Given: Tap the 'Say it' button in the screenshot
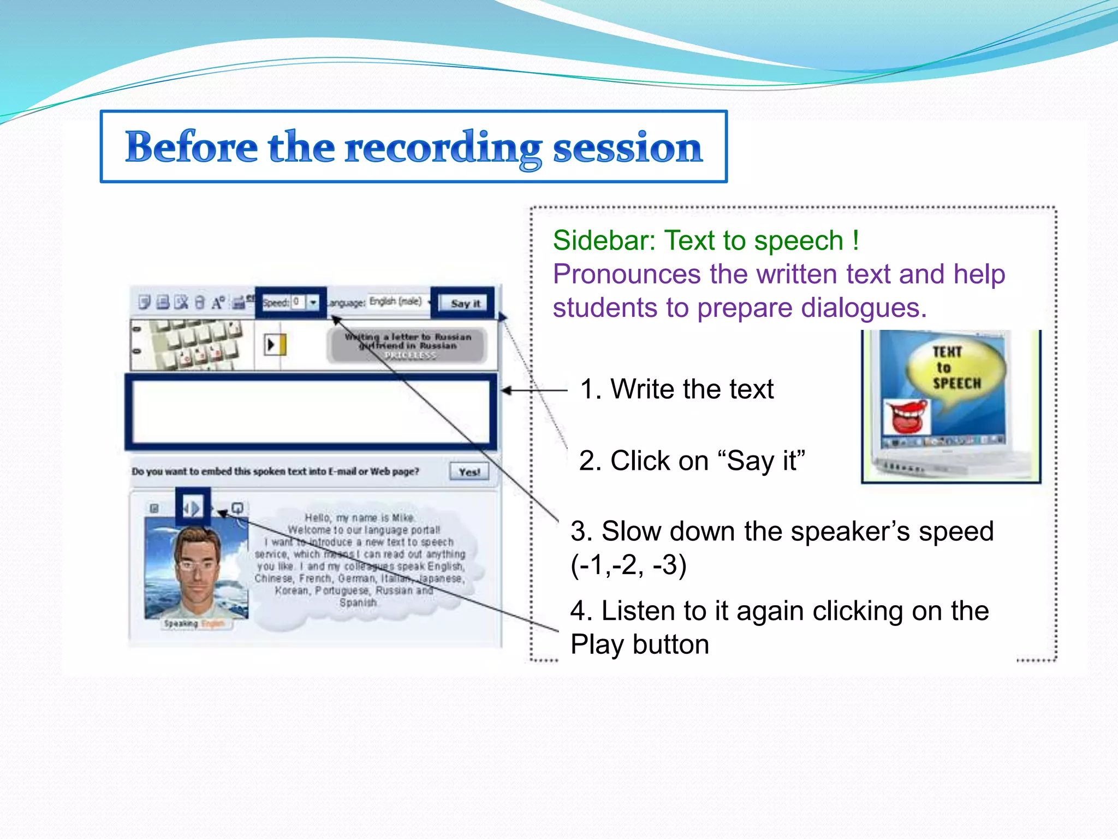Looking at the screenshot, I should [x=465, y=303].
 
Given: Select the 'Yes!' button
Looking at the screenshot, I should [x=468, y=472].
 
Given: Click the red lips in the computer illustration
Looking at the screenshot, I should [x=906, y=415].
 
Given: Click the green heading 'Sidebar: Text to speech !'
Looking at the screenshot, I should [x=706, y=241].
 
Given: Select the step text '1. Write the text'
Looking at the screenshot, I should [x=677, y=389].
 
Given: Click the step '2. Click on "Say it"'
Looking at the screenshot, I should [x=692, y=460].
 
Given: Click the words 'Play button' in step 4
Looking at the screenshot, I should [x=640, y=645].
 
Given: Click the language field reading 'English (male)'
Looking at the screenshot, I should [x=396, y=302].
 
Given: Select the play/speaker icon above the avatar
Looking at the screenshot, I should [x=192, y=509].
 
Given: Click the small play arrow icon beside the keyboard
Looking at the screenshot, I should [x=272, y=345].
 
